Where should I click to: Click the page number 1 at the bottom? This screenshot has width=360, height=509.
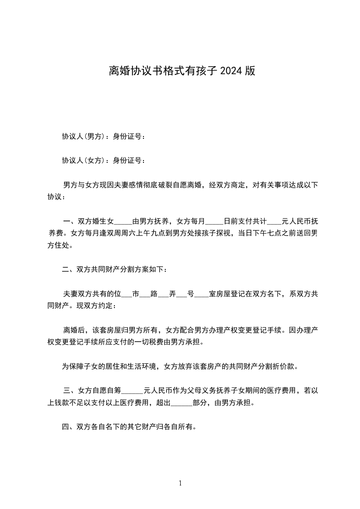pyautogui.click(x=180, y=483)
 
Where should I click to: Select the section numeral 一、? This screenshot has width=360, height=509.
pyautogui.click(x=70, y=222)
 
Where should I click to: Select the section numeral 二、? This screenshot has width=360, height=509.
pyautogui.click(x=69, y=269)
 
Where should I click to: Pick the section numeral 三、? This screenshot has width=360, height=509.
pyautogui.click(x=70, y=390)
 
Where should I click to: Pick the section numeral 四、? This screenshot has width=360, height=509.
pyautogui.click(x=69, y=426)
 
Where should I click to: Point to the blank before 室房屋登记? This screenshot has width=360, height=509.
pyautogui.click(x=202, y=294)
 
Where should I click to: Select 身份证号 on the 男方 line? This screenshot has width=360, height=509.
pyautogui.click(x=127, y=137)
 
